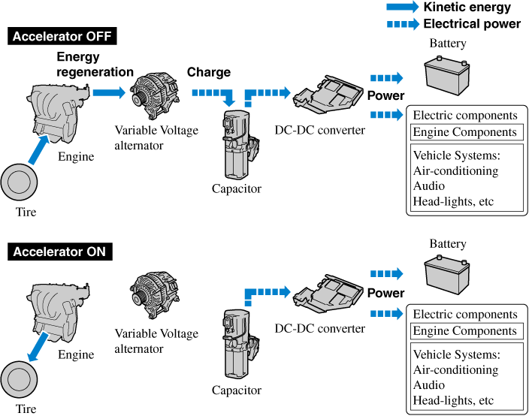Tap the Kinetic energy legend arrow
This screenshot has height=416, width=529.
tap(402, 8)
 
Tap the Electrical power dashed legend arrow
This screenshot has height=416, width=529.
tap(402, 24)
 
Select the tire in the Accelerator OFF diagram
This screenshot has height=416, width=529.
tap(20, 183)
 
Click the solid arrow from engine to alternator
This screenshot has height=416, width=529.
tap(108, 92)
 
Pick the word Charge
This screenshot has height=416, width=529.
tap(208, 73)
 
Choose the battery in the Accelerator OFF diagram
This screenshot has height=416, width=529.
tap(448, 74)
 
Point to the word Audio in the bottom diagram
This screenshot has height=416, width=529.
tap(429, 384)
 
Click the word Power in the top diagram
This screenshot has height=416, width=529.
tap(385, 95)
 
